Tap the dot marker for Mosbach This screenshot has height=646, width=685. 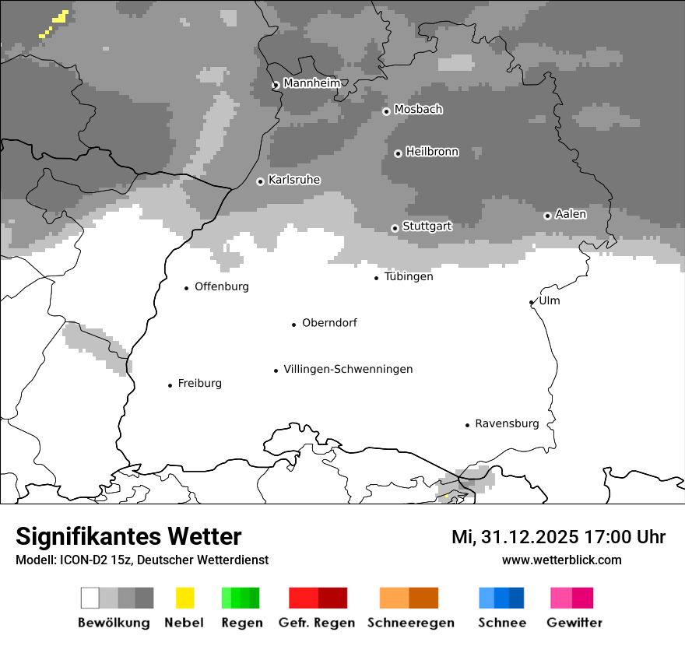coord(386,111)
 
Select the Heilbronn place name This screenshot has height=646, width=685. coord(432,152)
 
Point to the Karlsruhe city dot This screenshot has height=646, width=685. coord(260,181)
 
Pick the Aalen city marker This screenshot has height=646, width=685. coord(547,216)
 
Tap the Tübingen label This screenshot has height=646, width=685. coord(409,276)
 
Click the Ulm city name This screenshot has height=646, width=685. coord(550,300)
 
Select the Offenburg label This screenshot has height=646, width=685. coord(222,286)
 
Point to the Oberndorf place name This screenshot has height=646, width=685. coord(329,323)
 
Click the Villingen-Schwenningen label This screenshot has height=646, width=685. coord(348,369)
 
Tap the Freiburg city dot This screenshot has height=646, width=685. coord(170,385)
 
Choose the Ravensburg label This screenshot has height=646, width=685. coord(507,423)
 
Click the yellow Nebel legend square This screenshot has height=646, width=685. coord(184,598)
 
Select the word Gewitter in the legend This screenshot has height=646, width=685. coord(574,623)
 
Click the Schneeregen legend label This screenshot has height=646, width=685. coord(410,623)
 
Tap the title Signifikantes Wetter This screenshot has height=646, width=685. coord(128,536)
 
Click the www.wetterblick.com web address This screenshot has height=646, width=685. coord(561,560)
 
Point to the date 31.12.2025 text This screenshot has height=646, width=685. coord(529,537)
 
